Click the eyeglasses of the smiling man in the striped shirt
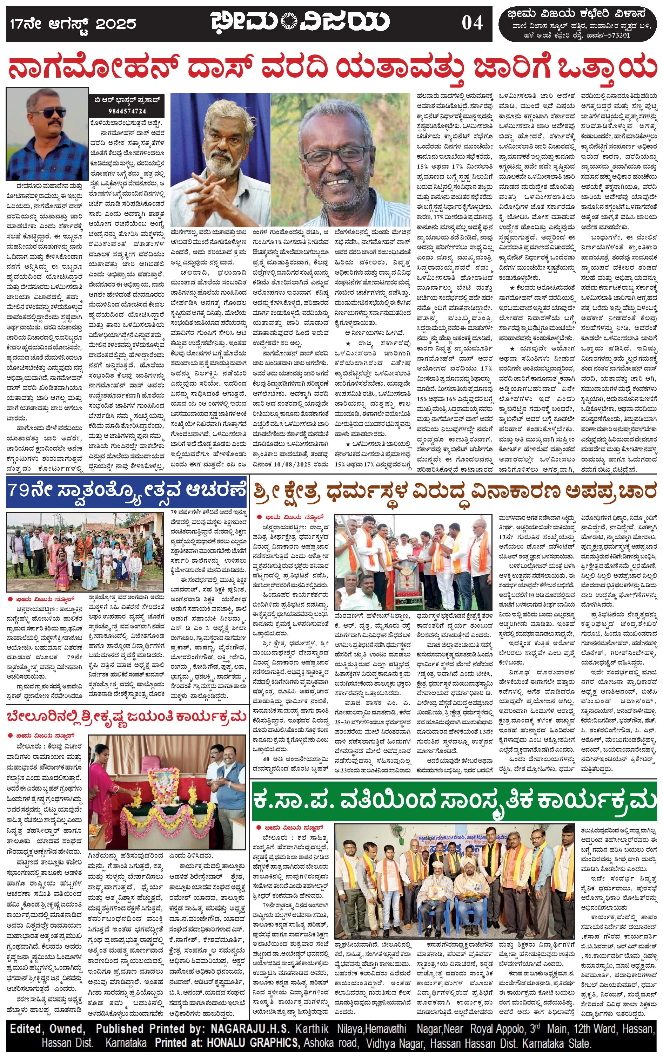[x=336, y=156]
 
